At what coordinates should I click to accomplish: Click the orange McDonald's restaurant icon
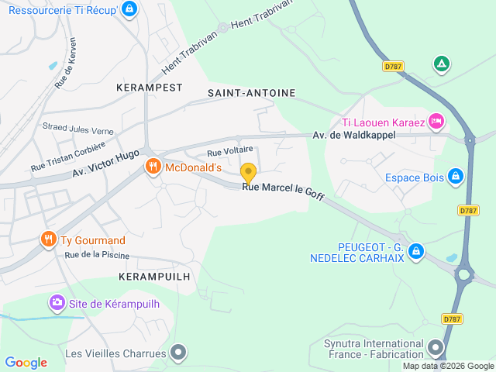(153, 167)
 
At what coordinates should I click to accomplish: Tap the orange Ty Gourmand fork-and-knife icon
(49, 239)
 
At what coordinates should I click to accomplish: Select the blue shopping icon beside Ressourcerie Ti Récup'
(129, 9)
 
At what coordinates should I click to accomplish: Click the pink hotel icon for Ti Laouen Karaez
(436, 122)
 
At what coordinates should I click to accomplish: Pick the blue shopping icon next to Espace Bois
(456, 177)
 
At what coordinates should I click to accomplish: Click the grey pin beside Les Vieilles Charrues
(179, 353)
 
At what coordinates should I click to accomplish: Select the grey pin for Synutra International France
(436, 348)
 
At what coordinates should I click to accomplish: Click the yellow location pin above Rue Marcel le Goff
(248, 172)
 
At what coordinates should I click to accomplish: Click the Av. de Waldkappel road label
(353, 135)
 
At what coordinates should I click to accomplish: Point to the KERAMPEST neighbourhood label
(148, 88)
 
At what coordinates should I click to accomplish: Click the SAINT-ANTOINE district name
(252, 93)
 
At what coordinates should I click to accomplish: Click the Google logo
(26, 363)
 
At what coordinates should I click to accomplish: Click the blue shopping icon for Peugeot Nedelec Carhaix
(416, 251)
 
